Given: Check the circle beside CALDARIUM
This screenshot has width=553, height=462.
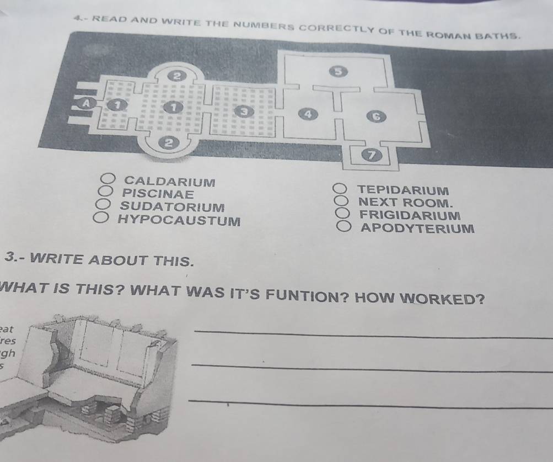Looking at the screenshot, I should (x=108, y=179).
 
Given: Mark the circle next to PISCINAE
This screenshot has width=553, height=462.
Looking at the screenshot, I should (x=105, y=193).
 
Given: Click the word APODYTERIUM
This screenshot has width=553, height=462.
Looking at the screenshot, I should (x=416, y=228).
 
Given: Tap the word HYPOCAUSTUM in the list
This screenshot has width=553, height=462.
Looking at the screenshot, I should (x=179, y=221).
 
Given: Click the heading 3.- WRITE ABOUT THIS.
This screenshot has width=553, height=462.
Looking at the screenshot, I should (x=99, y=259).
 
